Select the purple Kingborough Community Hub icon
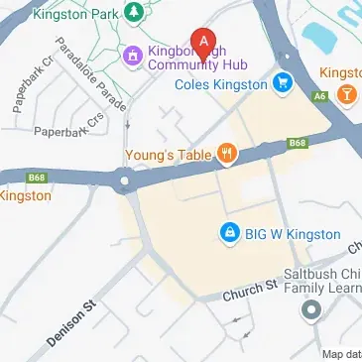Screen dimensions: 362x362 [132, 55]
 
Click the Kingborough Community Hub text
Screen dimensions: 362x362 [198, 58]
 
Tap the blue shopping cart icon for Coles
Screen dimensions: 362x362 [284, 83]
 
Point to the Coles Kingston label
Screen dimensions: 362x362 [220, 84]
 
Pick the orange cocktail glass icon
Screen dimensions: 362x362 [346, 92]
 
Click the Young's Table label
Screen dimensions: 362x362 [168, 154]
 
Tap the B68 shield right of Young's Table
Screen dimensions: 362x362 [297, 144]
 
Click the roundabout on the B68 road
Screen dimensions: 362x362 [127, 181]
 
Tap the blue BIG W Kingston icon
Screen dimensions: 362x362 [229, 232]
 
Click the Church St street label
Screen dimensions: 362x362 [249, 289]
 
